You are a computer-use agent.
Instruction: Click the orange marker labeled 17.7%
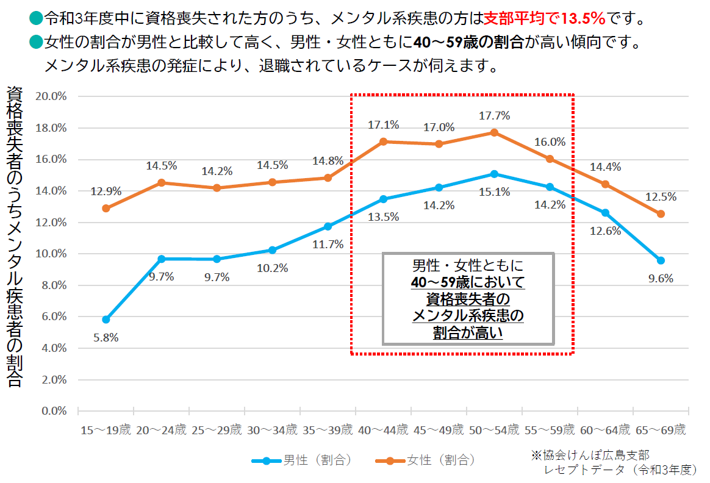point(494,132)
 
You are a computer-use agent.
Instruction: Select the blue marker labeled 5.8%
point(106,320)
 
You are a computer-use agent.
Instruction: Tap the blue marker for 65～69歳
point(661,260)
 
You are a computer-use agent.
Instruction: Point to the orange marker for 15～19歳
point(106,208)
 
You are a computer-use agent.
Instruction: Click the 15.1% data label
point(494,192)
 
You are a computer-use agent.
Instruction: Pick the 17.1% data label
point(383,125)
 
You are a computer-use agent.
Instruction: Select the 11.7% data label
point(328,245)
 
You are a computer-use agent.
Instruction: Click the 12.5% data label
point(661,197)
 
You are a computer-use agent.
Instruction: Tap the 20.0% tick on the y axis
point(52,96)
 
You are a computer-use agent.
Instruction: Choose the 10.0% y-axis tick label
point(52,254)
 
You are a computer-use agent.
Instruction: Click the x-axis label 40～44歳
point(383,429)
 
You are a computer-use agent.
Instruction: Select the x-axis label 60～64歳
point(605,429)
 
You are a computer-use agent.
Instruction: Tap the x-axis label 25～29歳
point(217,429)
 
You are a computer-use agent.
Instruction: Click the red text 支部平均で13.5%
point(544,18)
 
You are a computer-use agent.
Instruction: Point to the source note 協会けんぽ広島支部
point(590,455)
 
